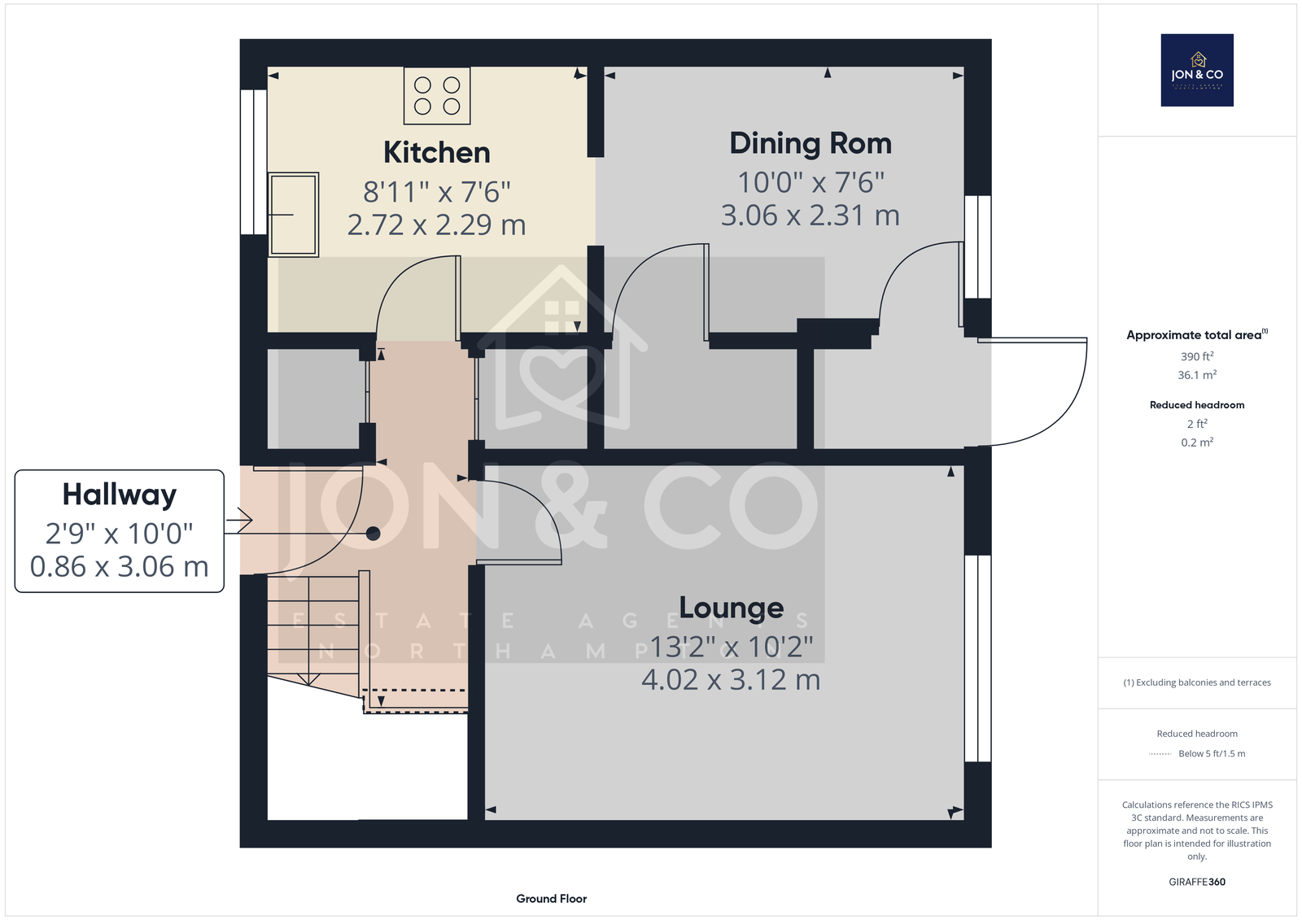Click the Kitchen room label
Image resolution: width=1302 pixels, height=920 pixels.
pyautogui.click(x=436, y=153)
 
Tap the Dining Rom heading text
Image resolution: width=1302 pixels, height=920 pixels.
pyautogui.click(x=810, y=143)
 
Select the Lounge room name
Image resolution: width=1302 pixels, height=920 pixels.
pyautogui.click(x=732, y=608)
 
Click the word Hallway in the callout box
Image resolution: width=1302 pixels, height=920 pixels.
pyautogui.click(x=119, y=495)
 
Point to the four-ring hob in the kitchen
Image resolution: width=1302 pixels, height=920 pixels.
pyautogui.click(x=437, y=96)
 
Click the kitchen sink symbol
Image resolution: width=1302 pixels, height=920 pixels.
pyautogui.click(x=294, y=215)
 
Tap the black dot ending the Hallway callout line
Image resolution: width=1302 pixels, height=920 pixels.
pyautogui.click(x=374, y=533)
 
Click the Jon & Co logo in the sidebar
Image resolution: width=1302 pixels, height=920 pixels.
pyautogui.click(x=1197, y=70)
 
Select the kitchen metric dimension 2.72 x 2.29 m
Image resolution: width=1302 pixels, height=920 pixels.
pyautogui.click(x=436, y=225)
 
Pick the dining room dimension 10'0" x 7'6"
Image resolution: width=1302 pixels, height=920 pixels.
pyautogui.click(x=810, y=182)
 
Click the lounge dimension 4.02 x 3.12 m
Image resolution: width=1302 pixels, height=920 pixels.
pyautogui.click(x=731, y=680)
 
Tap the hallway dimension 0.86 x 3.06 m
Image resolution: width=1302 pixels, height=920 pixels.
pyautogui.click(x=119, y=567)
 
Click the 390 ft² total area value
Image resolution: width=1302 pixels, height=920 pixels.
pyautogui.click(x=1197, y=356)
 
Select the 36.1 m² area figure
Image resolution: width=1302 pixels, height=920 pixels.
pyautogui.click(x=1197, y=375)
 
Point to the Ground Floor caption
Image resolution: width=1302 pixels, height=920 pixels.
pyautogui.click(x=551, y=899)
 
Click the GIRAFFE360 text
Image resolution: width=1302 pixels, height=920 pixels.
pyautogui.click(x=1197, y=882)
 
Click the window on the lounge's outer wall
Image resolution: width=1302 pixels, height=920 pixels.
pyautogui.click(x=977, y=658)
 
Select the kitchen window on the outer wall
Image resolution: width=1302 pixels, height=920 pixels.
pyautogui.click(x=253, y=162)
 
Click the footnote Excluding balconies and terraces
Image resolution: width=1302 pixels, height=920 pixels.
pyautogui.click(x=1197, y=682)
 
